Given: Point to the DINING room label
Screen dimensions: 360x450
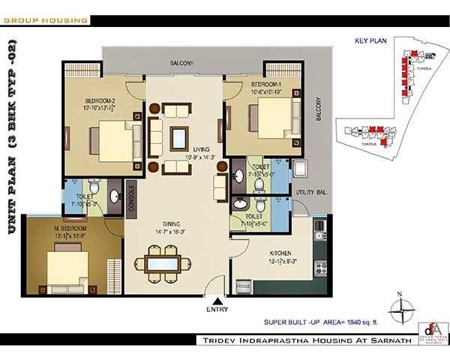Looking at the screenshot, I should [x=169, y=223].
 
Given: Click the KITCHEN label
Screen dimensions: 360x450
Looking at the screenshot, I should [x=281, y=253].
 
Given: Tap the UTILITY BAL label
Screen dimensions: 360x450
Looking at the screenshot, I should [x=310, y=193].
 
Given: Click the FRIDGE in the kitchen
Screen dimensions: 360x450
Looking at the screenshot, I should [x=243, y=286].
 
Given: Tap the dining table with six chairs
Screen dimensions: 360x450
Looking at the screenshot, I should [x=157, y=265].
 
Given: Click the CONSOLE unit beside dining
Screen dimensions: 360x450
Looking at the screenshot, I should [x=131, y=199].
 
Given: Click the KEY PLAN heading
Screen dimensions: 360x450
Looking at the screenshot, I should [x=370, y=42].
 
